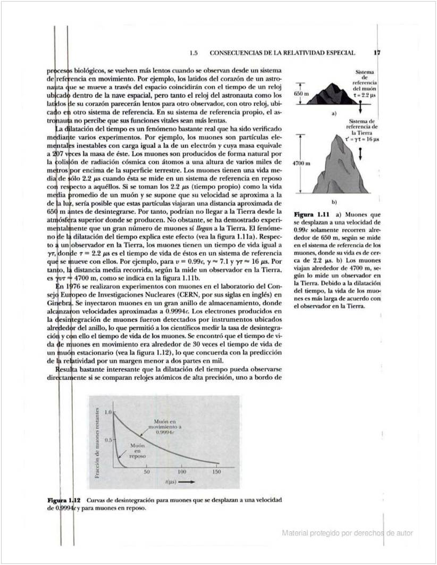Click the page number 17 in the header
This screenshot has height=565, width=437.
[377, 53]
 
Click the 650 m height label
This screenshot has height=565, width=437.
[301, 94]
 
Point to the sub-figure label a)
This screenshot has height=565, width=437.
[334, 114]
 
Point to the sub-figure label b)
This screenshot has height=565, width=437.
[334, 202]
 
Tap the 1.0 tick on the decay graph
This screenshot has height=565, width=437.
[107, 412]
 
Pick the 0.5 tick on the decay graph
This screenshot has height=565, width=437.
[107, 439]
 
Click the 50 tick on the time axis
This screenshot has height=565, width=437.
[147, 472]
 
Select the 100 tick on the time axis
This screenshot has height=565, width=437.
[182, 472]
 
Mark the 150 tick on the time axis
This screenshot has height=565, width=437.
[216, 472]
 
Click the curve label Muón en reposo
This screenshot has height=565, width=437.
[136, 450]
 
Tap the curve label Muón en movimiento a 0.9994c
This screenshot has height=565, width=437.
[165, 427]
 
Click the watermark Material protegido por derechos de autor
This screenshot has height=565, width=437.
[347, 533]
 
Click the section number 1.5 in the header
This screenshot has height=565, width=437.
[194, 53]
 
